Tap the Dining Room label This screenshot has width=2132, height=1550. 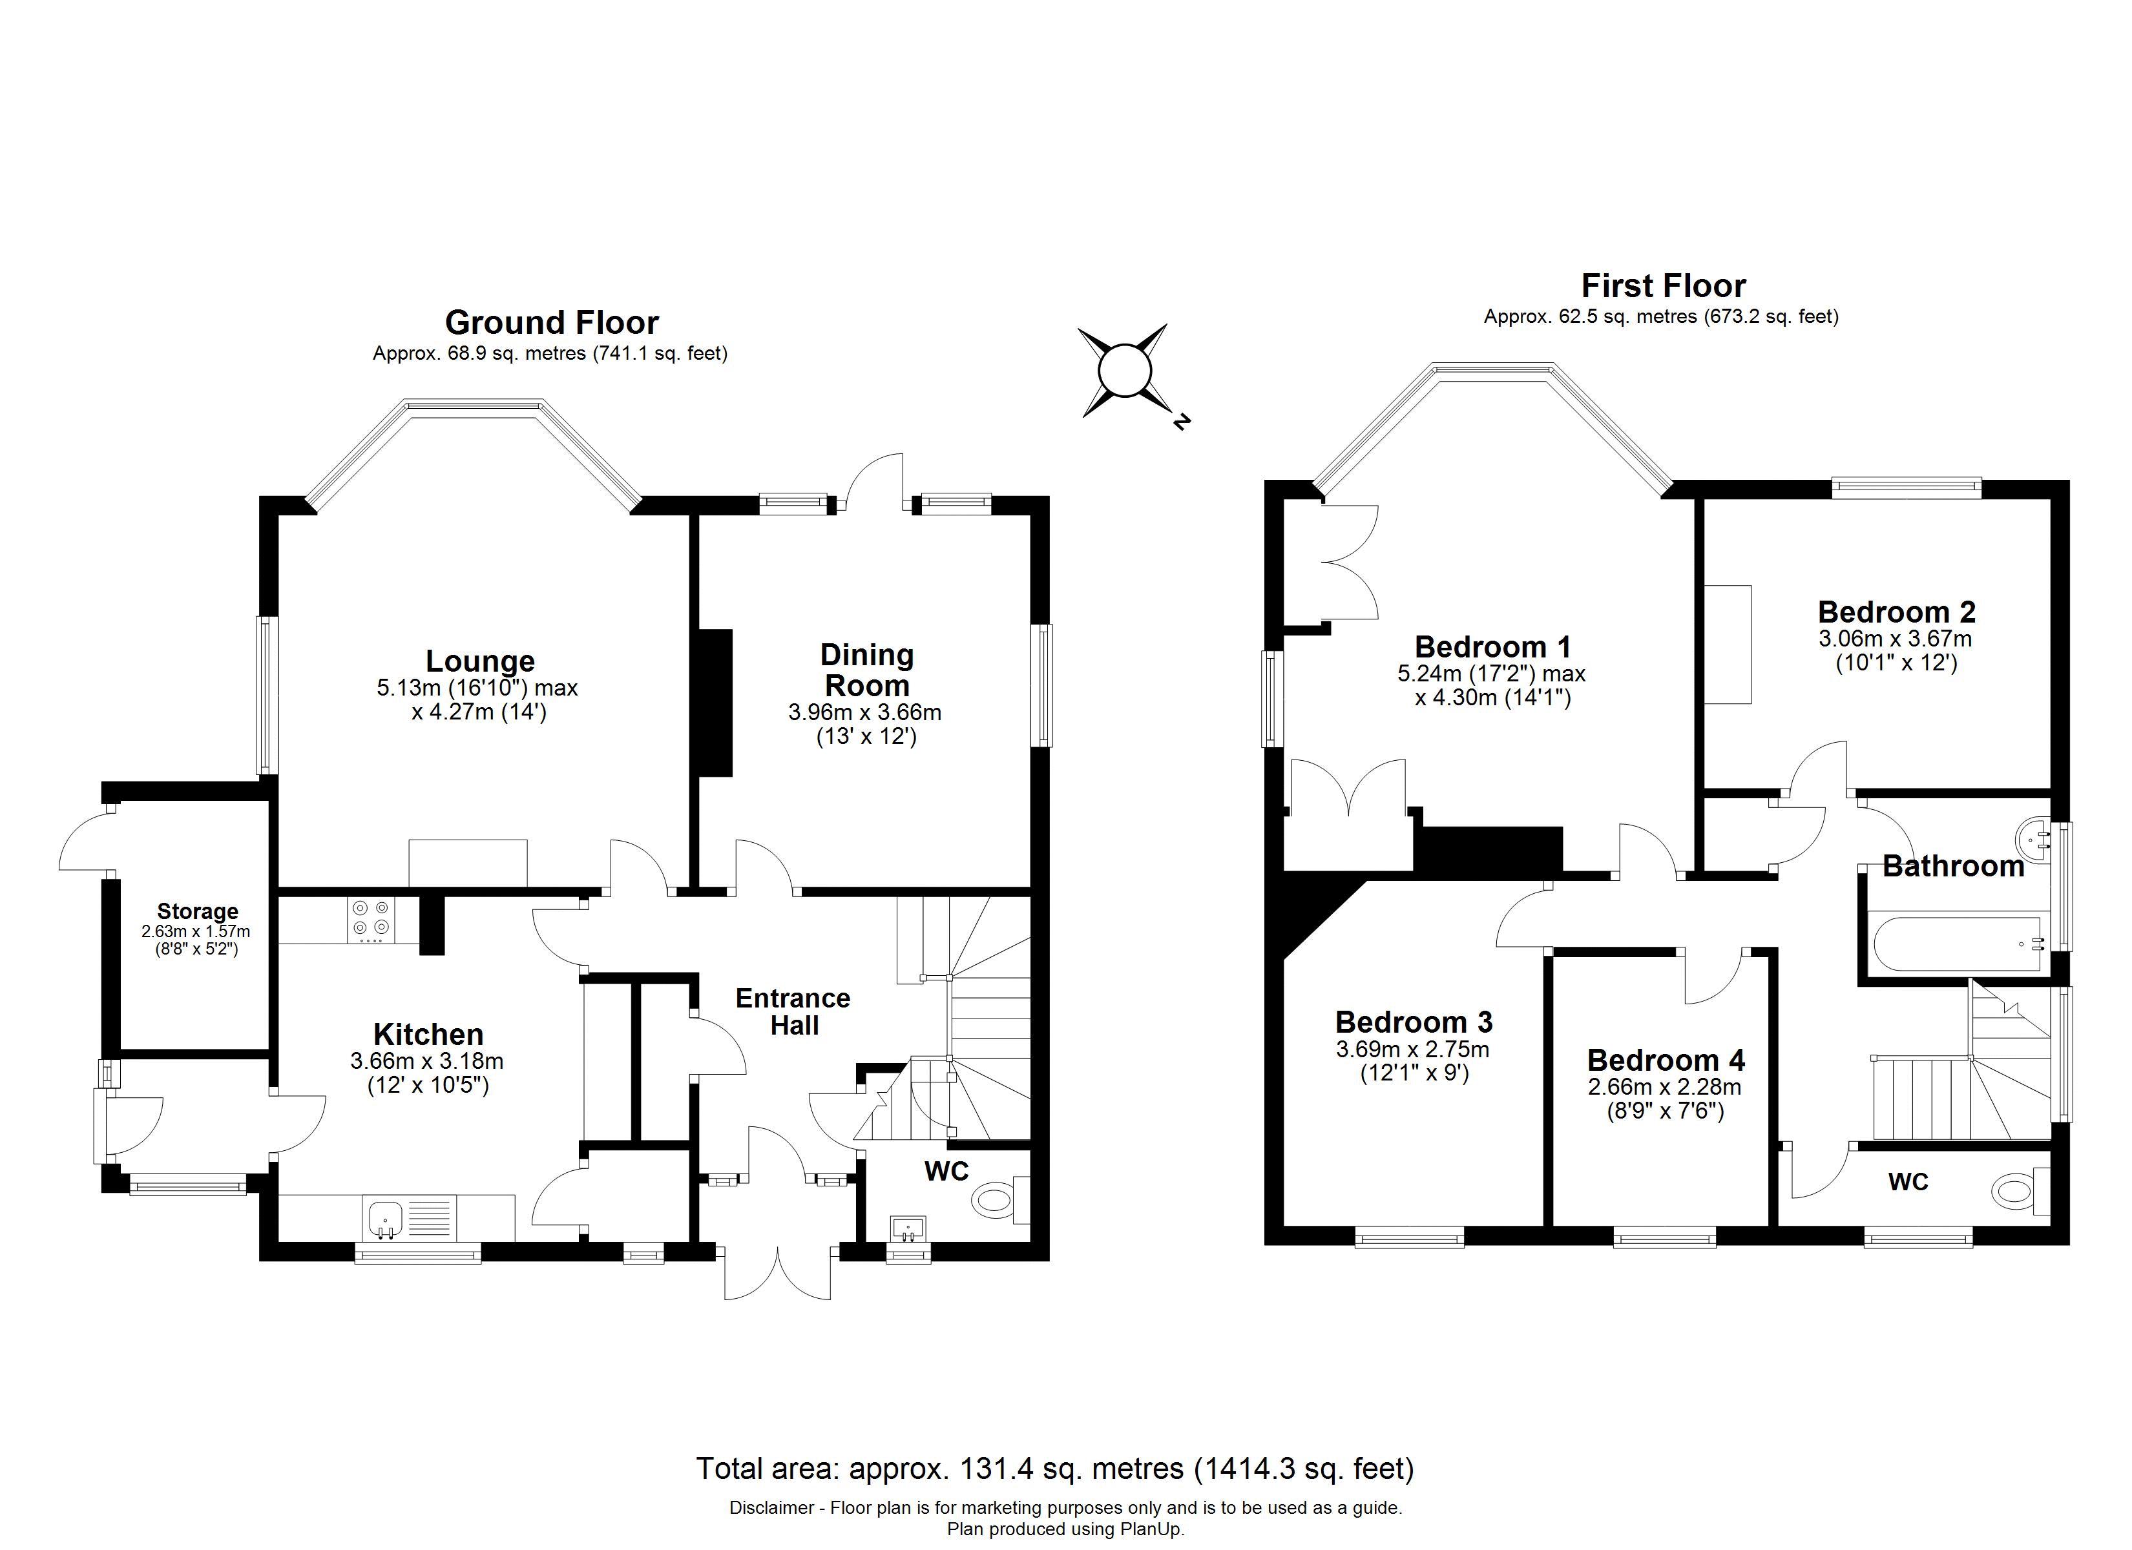click(866, 669)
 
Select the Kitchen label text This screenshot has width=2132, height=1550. click(428, 1034)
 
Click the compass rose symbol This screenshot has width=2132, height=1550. click(1123, 371)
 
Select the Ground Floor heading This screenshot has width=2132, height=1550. click(552, 322)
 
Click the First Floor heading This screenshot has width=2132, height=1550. click(1663, 285)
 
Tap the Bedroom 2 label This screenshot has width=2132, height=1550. click(1896, 612)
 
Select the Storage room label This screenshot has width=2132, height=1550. click(198, 911)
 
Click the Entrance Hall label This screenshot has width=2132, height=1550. click(793, 1011)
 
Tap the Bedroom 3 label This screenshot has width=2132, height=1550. click(1414, 1022)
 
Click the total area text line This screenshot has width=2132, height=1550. click(1055, 1467)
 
